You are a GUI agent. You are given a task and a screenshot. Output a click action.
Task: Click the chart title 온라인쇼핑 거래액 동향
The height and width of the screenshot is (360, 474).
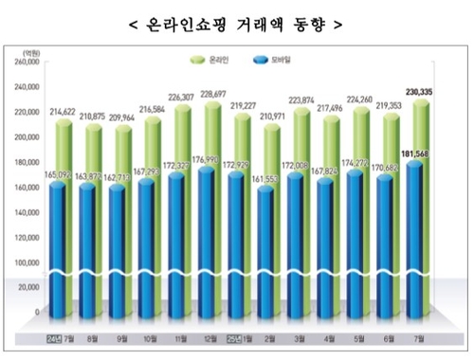coord(237,19)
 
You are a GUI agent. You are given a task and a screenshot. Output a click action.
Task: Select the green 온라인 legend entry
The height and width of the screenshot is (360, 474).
coord(225,60)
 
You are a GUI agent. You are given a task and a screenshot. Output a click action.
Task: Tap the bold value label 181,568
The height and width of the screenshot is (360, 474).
coord(413,156)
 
